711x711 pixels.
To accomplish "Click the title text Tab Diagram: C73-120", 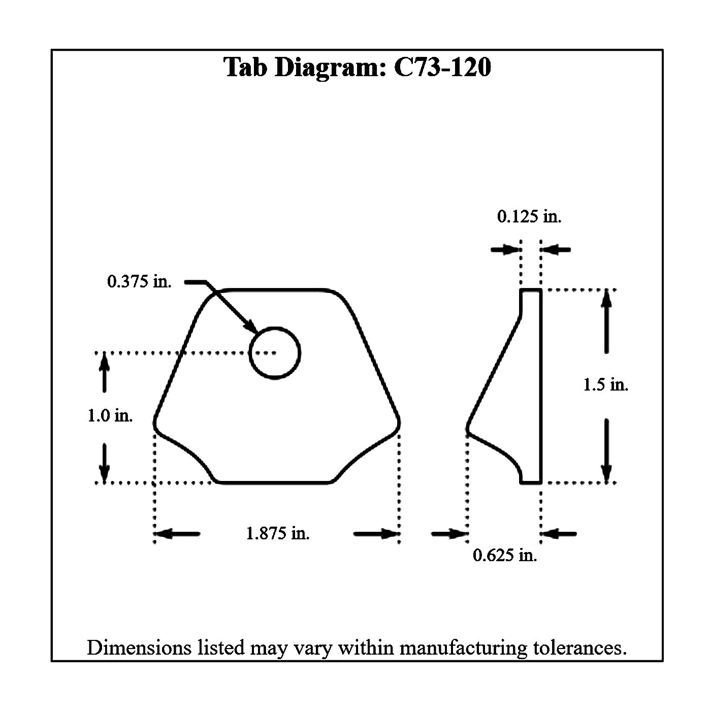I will pyautogui.click(x=357, y=68).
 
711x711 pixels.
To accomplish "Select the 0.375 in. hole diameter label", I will pyautogui.click(x=139, y=281).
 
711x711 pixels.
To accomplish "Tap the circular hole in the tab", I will pyautogui.click(x=275, y=352).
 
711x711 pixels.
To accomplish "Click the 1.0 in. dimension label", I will pyautogui.click(x=110, y=416).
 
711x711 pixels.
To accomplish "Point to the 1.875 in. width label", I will pyautogui.click(x=278, y=533).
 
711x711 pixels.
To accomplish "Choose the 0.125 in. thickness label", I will pyautogui.click(x=529, y=217).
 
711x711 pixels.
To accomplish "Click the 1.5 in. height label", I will pyautogui.click(x=605, y=384).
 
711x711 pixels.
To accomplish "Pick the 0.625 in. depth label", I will pyautogui.click(x=505, y=555).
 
